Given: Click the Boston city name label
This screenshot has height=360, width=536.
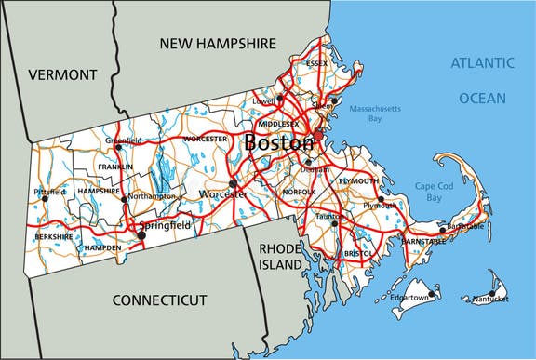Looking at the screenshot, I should [278, 144].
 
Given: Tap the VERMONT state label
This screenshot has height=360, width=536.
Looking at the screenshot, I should [62, 74].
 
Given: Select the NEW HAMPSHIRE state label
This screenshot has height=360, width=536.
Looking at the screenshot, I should [218, 43].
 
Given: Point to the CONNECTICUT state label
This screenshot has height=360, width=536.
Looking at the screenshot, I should [158, 300].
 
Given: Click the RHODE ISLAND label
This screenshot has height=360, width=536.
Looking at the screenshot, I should [281, 257].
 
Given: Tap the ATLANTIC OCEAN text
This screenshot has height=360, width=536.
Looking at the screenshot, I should [481, 80].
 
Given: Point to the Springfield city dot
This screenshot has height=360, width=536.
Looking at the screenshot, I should [141, 235].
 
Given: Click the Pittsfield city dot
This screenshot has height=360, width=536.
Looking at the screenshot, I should [44, 197].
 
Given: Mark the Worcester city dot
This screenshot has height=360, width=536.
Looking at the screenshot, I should [232, 183].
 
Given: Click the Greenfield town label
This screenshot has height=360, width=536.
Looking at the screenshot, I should [124, 140].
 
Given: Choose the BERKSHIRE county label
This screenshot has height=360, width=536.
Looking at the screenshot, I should [54, 237].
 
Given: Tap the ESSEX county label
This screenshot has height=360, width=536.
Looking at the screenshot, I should [316, 63].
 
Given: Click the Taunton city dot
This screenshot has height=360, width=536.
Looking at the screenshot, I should [334, 222].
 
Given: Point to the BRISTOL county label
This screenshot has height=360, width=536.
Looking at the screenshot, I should [357, 253].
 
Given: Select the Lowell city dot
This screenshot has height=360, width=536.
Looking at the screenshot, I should [279, 96].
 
